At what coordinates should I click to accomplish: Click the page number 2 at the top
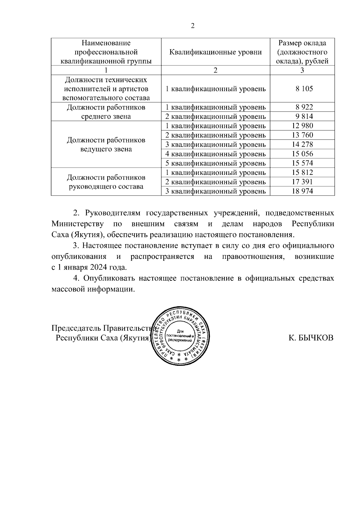(193, 26)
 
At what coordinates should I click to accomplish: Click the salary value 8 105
(302, 89)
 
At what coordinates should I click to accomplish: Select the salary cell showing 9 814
(302, 116)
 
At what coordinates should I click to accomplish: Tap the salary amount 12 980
(302, 126)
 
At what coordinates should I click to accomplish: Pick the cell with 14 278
(302, 145)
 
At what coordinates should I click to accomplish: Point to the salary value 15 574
(302, 163)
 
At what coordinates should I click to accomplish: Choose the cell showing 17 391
(302, 182)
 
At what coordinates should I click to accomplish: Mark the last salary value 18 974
(302, 191)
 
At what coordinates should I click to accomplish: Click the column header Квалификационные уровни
(215, 52)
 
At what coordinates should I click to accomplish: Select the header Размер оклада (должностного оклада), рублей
(302, 52)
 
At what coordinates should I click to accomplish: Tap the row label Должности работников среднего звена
(106, 112)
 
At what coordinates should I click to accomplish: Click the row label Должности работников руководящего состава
(106, 182)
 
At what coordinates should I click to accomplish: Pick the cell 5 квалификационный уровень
(215, 163)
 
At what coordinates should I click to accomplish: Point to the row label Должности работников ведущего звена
(106, 145)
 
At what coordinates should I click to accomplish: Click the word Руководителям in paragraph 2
(113, 213)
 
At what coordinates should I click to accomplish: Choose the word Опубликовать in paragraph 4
(109, 278)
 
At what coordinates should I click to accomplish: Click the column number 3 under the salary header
(302, 70)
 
